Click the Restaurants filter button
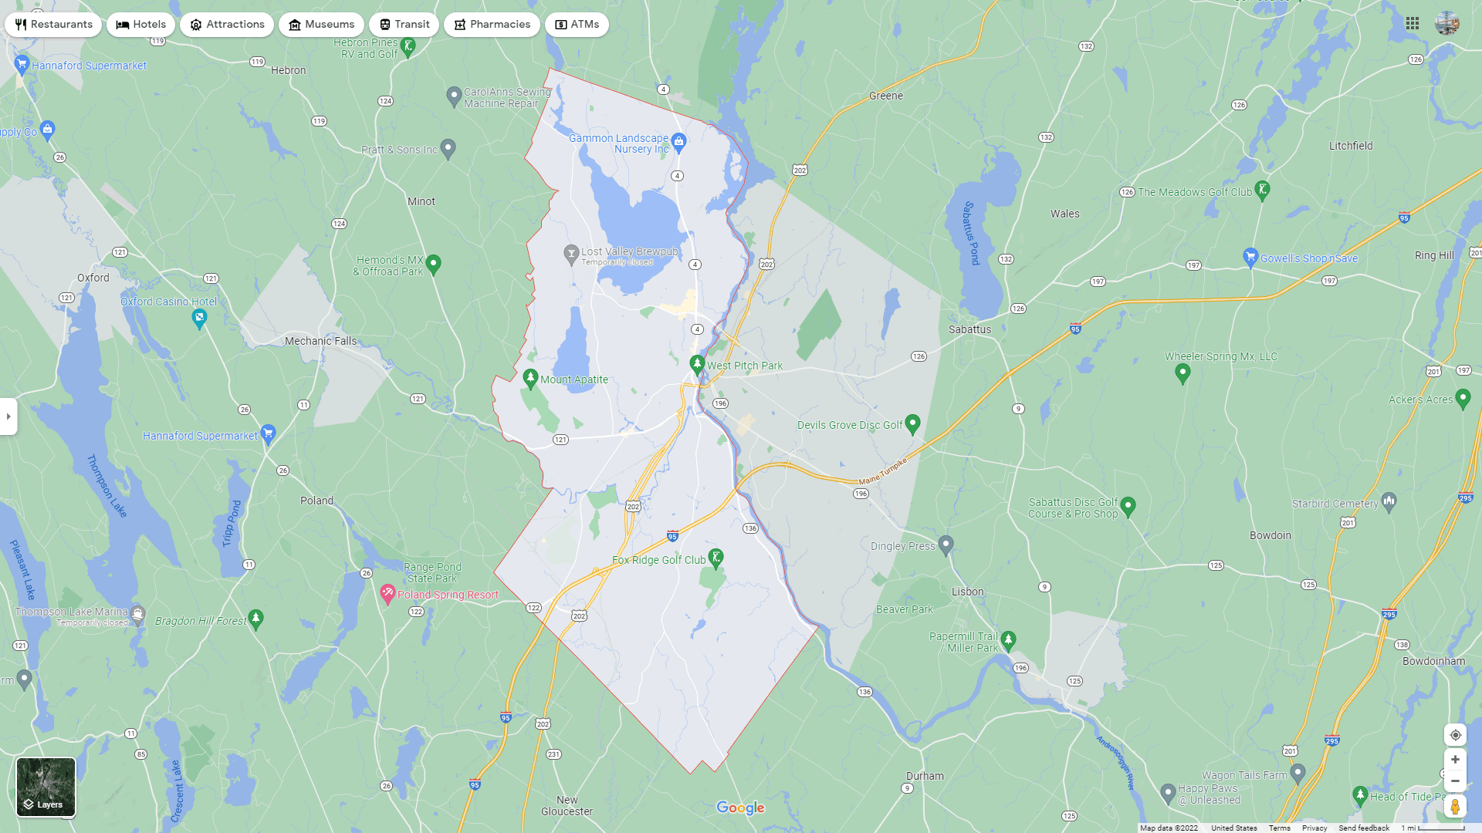point(53,25)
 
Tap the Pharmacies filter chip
point(492,25)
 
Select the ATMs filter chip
point(577,25)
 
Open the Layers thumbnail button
point(46,787)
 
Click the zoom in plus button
point(1455,760)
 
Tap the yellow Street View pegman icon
point(1455,807)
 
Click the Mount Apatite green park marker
point(530,378)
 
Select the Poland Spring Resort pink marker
point(387,594)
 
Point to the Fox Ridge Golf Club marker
point(716,558)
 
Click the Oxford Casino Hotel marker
point(199,318)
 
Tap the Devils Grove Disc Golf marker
point(912,423)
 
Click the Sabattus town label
point(969,329)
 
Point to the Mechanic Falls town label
point(320,341)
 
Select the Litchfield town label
point(1351,146)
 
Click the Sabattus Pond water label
point(971,233)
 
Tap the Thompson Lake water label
point(106,485)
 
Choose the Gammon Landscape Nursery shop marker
point(678,141)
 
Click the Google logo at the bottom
point(740,808)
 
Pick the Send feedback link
point(1363,828)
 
